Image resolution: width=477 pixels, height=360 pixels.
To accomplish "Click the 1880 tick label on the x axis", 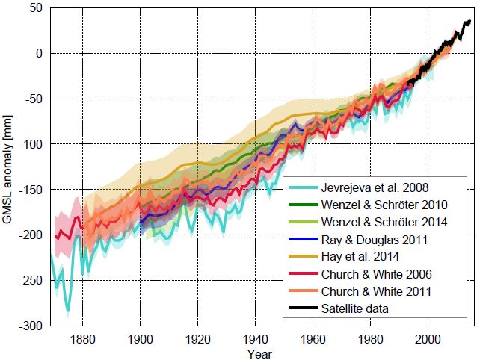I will pos(82,338).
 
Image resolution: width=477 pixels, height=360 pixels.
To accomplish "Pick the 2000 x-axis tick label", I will pos(428,338).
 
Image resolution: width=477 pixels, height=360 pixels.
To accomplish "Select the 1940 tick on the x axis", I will pos(255,338).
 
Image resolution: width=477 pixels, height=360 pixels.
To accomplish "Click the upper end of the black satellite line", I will pos(470,22).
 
